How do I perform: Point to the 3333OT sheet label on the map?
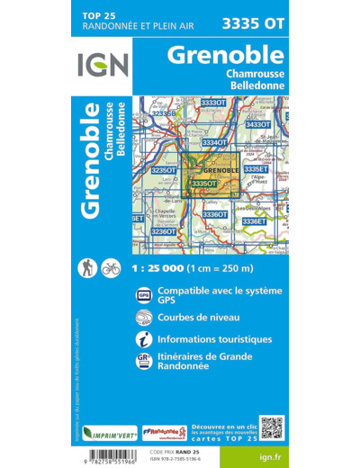[x=213, y=103]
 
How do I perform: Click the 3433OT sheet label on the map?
[x=258, y=124]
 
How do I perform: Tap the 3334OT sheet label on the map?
[x=214, y=142]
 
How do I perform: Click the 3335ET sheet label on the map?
[x=256, y=169]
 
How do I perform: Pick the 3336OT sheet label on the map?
[x=214, y=214]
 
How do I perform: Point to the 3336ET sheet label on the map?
[x=255, y=220]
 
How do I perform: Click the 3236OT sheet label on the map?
[x=163, y=231]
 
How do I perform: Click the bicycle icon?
[x=112, y=267]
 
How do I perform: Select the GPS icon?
[x=144, y=295]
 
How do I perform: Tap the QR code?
[x=272, y=428]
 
